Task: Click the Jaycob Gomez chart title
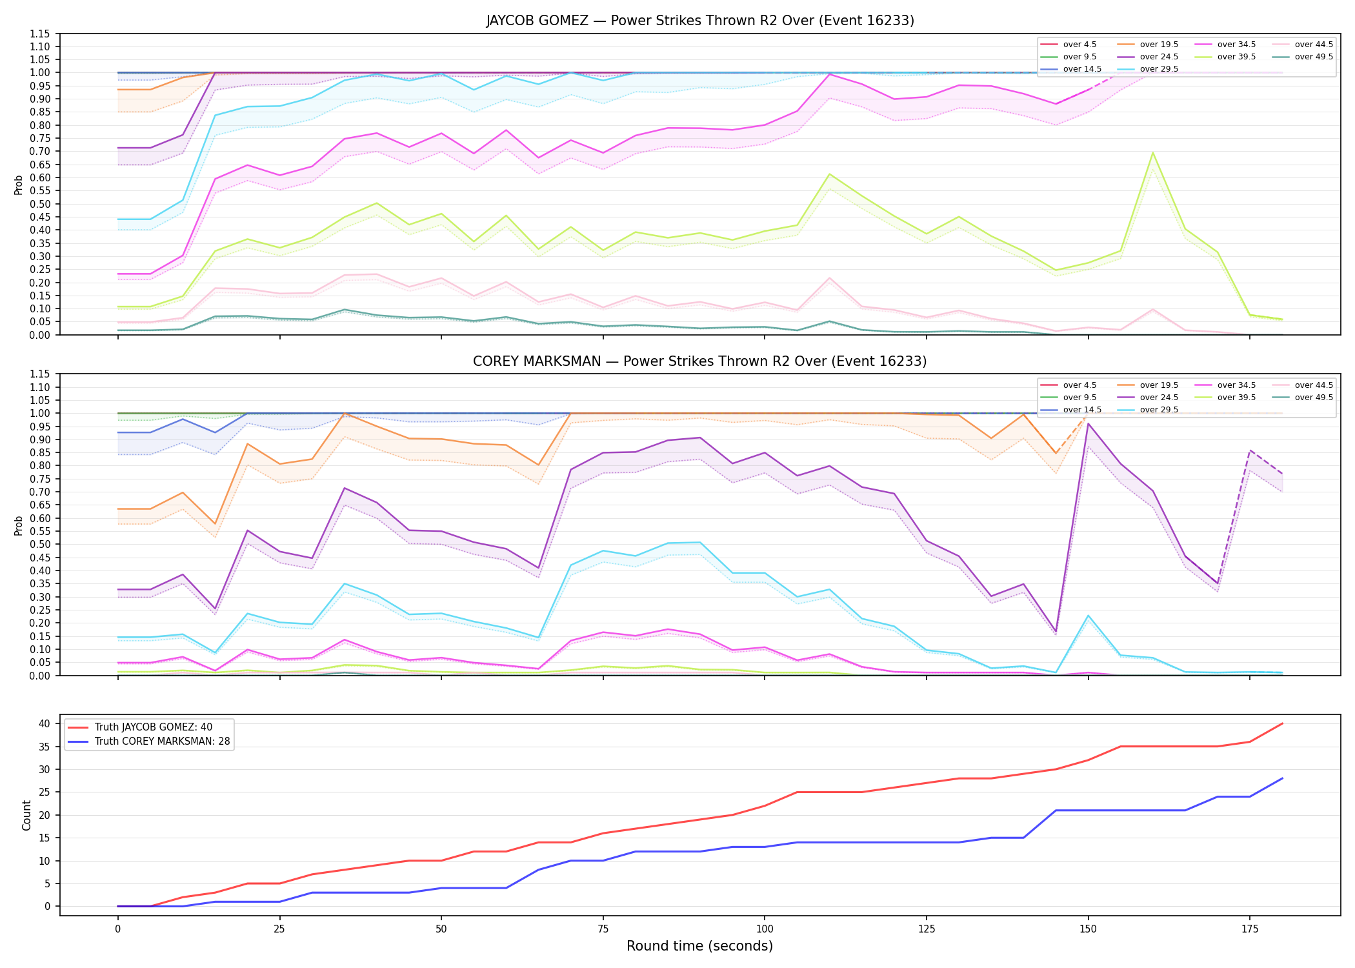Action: [700, 21]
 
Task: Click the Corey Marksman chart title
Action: [700, 361]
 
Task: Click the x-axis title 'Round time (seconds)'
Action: [700, 946]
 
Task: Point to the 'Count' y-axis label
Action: [26, 815]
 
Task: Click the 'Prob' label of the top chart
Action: [19, 185]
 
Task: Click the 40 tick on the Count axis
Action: [45, 724]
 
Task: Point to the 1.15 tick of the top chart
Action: [39, 34]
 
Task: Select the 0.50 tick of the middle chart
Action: [39, 545]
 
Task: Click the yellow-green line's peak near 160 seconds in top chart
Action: [1152, 152]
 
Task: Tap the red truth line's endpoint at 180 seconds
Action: [1282, 723]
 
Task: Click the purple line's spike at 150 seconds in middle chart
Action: [1088, 423]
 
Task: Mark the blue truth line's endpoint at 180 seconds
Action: [1282, 778]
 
